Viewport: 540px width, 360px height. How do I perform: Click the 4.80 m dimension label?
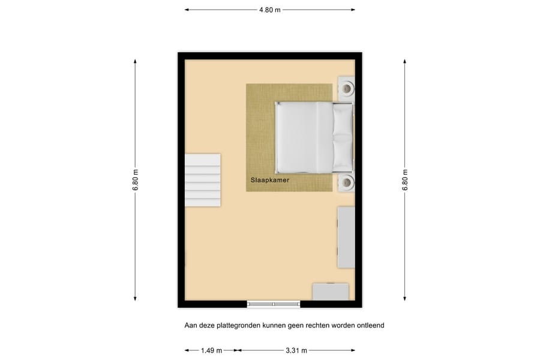pyautogui.click(x=270, y=10)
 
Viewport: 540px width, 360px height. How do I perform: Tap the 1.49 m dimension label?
pyautogui.click(x=211, y=350)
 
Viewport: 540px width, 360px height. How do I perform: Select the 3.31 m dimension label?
pyautogui.click(x=296, y=350)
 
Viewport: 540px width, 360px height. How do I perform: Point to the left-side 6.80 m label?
pyautogui.click(x=136, y=180)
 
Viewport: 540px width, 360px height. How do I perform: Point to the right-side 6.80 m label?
pyautogui.click(x=405, y=180)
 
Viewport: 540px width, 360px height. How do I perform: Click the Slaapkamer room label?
pyautogui.click(x=270, y=180)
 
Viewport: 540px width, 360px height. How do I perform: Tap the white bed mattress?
pyautogui.click(x=304, y=138)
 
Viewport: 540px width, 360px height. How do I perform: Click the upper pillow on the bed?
pyautogui.click(x=343, y=119)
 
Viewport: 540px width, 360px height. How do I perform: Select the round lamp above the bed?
pyautogui.click(x=346, y=89)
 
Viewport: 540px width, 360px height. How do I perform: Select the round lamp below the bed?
pyautogui.click(x=346, y=182)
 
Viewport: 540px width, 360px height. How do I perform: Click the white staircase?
pyautogui.click(x=203, y=180)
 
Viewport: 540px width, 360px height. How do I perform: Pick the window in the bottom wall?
pyautogui.click(x=274, y=304)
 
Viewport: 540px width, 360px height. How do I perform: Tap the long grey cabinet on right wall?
pyautogui.click(x=346, y=238)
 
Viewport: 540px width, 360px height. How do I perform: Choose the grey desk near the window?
pyautogui.click(x=331, y=292)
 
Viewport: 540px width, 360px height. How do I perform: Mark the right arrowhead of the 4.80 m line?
pyautogui.click(x=353, y=10)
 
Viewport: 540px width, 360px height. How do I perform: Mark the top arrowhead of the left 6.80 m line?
pyautogui.click(x=136, y=62)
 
